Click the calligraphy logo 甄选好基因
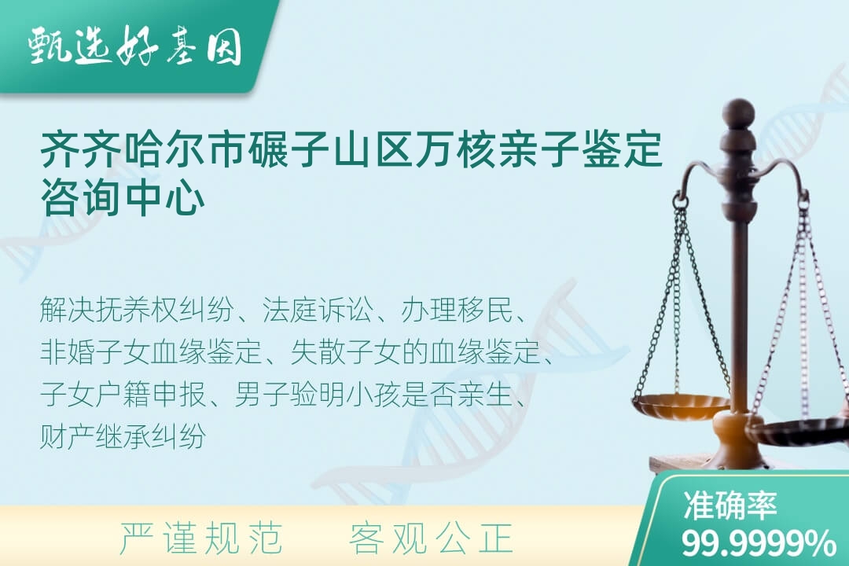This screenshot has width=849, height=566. [x=135, y=46]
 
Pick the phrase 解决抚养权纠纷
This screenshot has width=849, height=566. [x=137, y=310]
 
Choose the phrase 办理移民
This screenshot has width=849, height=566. [x=456, y=310]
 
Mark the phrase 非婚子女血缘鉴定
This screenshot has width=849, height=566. [x=150, y=352]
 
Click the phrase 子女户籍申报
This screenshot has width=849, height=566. [x=123, y=395]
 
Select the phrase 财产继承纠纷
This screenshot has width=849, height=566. [x=123, y=436]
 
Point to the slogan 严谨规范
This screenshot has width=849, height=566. [x=201, y=538]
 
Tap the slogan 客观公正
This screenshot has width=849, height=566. [x=432, y=538]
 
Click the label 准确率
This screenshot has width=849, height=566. [x=730, y=506]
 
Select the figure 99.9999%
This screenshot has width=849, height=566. [x=758, y=543]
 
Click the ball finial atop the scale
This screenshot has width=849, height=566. [x=739, y=112]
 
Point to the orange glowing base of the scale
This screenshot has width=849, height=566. [x=739, y=433]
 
